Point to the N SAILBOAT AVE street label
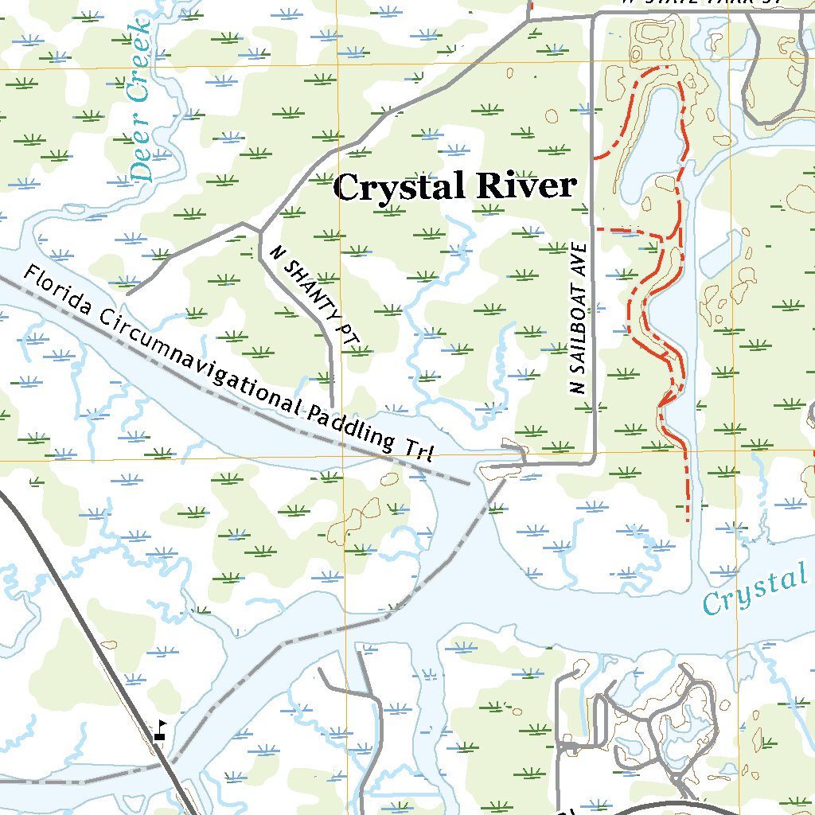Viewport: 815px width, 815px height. point(579,318)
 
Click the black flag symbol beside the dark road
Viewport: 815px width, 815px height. point(161,730)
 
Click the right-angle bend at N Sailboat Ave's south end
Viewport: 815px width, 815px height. point(595,461)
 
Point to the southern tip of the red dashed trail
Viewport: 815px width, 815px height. point(688,519)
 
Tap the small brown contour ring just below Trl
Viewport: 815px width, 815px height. point(390,479)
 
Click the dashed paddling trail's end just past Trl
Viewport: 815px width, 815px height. point(468,482)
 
